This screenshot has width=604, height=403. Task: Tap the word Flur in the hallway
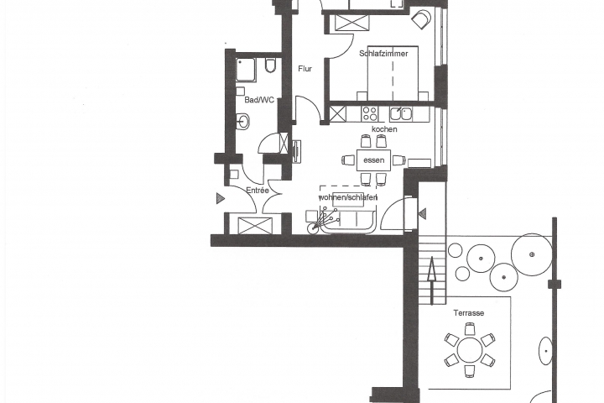(305, 69)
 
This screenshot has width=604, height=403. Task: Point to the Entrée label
(258, 191)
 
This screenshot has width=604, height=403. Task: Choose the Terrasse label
(469, 312)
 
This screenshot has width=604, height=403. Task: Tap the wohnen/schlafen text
(347, 197)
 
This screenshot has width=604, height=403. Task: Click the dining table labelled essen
(373, 160)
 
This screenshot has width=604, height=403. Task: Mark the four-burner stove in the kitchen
(370, 113)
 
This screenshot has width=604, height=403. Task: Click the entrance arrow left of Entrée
(220, 199)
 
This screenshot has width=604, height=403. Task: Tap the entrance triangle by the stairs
(423, 215)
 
